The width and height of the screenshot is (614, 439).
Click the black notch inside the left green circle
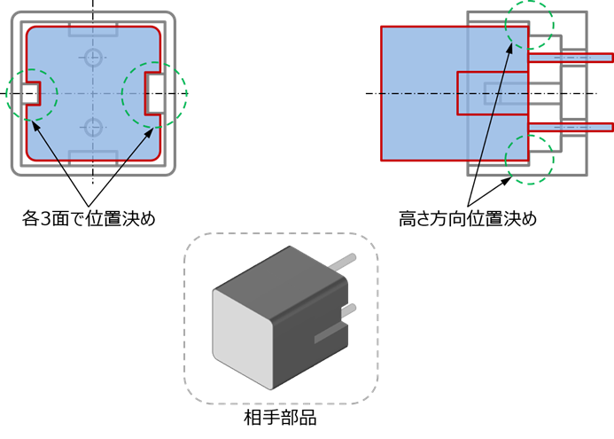pos(29,93)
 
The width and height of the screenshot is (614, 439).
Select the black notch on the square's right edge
pos(154,93)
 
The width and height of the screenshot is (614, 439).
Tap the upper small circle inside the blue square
pos(94,59)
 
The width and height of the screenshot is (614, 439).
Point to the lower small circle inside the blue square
pos(94,125)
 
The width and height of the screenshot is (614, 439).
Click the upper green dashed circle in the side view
pos(530,25)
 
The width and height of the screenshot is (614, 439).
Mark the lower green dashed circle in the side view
pos(530,160)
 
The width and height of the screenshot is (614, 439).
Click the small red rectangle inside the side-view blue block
pos(492,93)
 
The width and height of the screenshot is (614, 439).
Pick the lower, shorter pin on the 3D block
pos(349,309)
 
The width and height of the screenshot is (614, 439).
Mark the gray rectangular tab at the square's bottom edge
pos(93,156)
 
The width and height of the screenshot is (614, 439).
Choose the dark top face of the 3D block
pos(279,270)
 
